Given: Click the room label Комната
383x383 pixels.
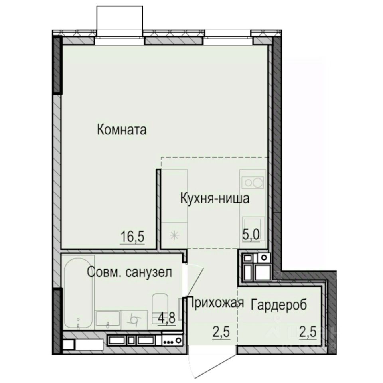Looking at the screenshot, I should pos(122,130).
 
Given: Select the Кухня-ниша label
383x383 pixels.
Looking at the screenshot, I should pos(215,198).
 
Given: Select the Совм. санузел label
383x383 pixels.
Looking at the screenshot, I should pos(130,273).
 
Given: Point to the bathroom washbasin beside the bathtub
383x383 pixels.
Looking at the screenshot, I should pos(108,319).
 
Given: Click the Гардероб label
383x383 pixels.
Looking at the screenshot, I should pos(279,304).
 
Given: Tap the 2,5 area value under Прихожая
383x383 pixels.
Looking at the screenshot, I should pos(219,331).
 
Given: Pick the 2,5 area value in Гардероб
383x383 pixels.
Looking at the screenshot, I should pos(308,331).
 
